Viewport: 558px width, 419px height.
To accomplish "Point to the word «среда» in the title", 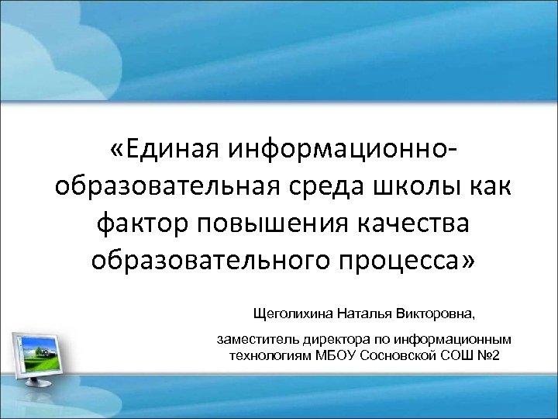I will (x=333, y=187).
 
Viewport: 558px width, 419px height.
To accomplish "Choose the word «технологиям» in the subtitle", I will (x=266, y=355).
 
